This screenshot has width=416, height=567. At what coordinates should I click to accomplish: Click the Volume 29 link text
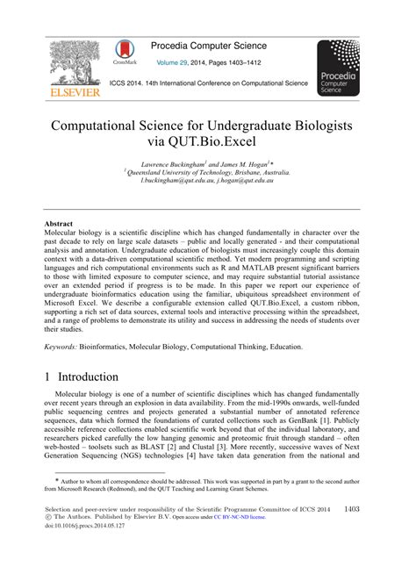point(175,63)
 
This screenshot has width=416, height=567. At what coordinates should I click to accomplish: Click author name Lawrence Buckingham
point(175,164)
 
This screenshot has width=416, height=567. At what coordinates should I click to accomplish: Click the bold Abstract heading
point(59,224)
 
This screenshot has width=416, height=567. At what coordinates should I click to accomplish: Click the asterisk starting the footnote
point(58,480)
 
